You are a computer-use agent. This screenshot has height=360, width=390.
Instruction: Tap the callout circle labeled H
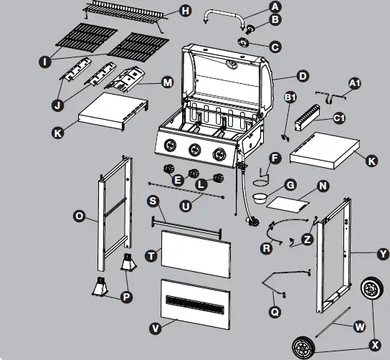point(185,11)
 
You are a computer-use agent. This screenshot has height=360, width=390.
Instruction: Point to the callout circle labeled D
point(302,76)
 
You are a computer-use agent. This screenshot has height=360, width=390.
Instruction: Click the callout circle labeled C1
point(339,118)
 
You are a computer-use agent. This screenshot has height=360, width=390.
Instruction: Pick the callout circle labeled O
point(80,214)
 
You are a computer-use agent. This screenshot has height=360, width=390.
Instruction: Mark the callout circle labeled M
point(167,82)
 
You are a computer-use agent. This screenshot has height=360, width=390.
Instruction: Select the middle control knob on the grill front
point(194,150)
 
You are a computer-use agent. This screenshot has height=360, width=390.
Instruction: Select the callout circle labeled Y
point(382,253)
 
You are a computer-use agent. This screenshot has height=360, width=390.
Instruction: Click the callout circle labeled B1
point(290,97)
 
